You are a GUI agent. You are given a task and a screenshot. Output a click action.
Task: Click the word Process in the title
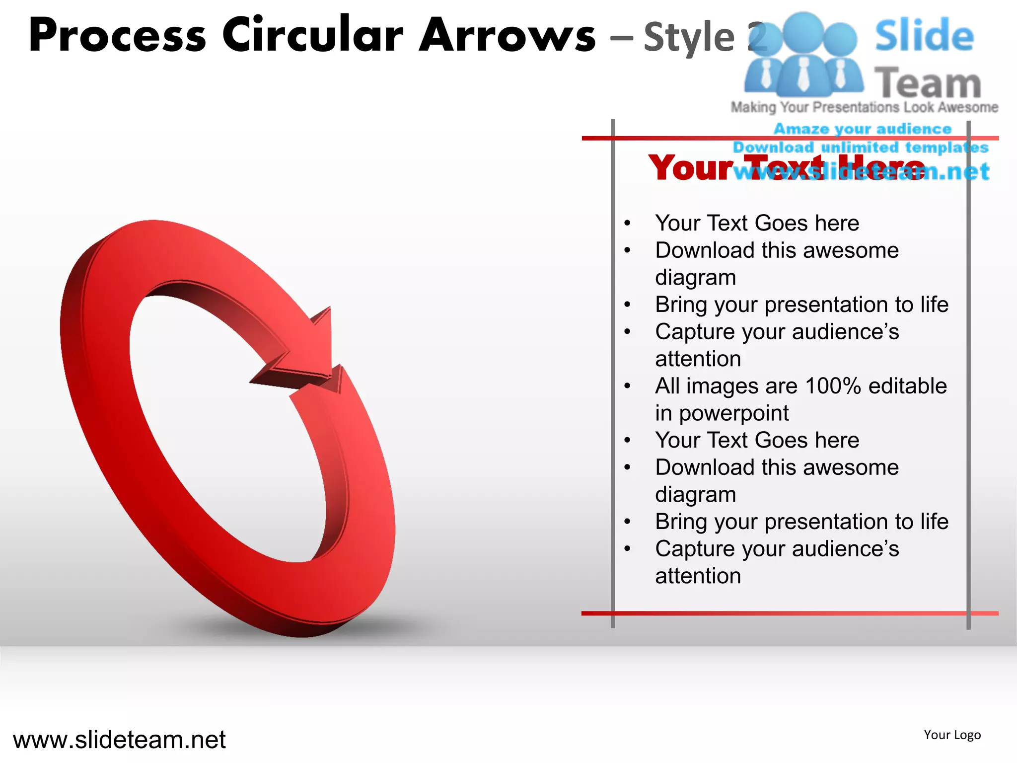tap(117, 36)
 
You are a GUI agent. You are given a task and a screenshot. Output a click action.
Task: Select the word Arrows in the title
tap(507, 36)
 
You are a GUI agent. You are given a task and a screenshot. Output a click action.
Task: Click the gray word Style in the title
tap(689, 38)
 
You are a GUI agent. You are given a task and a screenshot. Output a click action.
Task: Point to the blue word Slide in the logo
tap(924, 36)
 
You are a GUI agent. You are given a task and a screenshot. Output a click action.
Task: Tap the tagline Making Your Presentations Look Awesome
tap(864, 107)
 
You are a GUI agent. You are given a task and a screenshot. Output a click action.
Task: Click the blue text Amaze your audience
tap(863, 129)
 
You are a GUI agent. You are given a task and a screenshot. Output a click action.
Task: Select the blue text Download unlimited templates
tap(861, 148)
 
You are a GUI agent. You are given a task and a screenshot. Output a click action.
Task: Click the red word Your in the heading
tap(691, 168)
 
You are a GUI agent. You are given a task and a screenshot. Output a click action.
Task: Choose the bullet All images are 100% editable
tap(800, 386)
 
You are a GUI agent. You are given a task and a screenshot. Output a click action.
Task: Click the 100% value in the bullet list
tap(833, 386)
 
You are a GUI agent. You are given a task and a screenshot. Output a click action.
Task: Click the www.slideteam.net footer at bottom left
tap(119, 740)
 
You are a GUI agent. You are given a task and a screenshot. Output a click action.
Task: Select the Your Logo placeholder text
tap(952, 735)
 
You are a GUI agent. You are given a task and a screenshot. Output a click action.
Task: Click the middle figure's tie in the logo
tap(803, 75)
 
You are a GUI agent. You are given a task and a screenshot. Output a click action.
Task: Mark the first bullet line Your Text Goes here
tap(757, 223)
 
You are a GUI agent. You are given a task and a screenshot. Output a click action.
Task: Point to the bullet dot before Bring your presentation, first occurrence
tap(628, 305)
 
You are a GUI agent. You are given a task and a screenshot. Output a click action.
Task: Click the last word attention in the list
tap(698, 576)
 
